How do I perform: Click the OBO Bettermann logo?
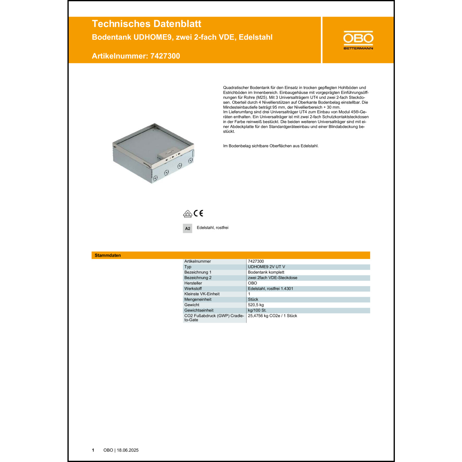pyautogui.click(x=358, y=40)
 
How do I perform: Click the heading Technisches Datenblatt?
pyautogui.click(x=146, y=24)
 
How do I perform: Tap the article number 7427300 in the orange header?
pyautogui.click(x=165, y=56)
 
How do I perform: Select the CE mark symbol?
pyautogui.click(x=199, y=213)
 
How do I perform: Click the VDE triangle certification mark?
pyautogui.click(x=187, y=214)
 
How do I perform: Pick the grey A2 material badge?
pyautogui.click(x=187, y=229)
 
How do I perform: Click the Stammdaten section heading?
pyautogui.click(x=108, y=255)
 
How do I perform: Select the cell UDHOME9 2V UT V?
pyautogui.click(x=266, y=267)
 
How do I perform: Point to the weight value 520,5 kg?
pyautogui.click(x=256, y=305)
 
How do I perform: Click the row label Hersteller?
pyautogui.click(x=193, y=283)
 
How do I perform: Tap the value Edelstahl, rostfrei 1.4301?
pyautogui.click(x=270, y=289)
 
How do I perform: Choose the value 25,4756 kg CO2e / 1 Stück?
pyautogui.click(x=272, y=316)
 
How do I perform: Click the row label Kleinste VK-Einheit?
pyautogui.click(x=202, y=294)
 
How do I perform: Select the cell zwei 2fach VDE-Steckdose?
pyautogui.click(x=273, y=278)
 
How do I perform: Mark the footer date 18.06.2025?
pyautogui.click(x=128, y=450)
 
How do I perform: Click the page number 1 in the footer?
pyautogui.click(x=93, y=450)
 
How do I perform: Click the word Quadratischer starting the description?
pyautogui.click(x=236, y=88)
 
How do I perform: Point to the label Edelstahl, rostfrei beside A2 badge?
pyautogui.click(x=213, y=228)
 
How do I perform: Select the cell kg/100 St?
pyautogui.click(x=257, y=310)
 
